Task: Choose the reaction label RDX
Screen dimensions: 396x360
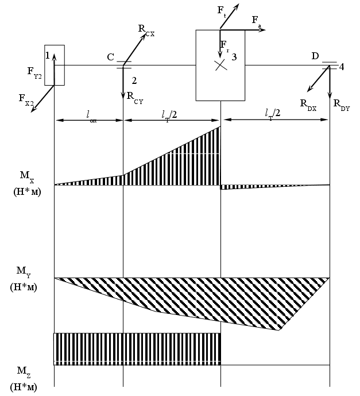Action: coord(308,103)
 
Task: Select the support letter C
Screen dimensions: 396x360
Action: coord(110,57)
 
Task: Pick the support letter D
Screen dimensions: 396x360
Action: coord(315,56)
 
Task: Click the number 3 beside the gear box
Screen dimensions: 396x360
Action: coord(234,56)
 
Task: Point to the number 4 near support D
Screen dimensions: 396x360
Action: coord(342,67)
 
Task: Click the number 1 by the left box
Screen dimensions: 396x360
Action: coord(49,55)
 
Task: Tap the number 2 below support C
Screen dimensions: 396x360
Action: coord(134,80)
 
